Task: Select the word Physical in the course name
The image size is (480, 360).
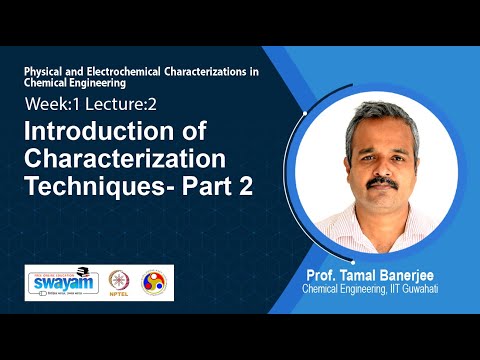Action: click(x=48, y=74)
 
